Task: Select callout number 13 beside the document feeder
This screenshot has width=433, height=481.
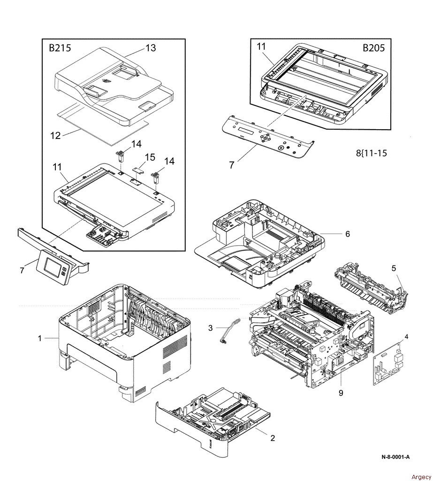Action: [151, 48]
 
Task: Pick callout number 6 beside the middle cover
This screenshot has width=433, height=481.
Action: [348, 233]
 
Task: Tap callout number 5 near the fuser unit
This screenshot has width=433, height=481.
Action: [394, 268]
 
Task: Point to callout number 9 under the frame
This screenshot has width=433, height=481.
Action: [341, 393]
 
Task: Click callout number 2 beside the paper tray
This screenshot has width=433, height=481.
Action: [272, 438]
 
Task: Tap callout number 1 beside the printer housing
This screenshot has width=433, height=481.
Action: [40, 338]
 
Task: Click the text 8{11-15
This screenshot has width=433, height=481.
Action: [371, 153]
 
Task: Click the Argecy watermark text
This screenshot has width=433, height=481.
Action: [418, 475]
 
